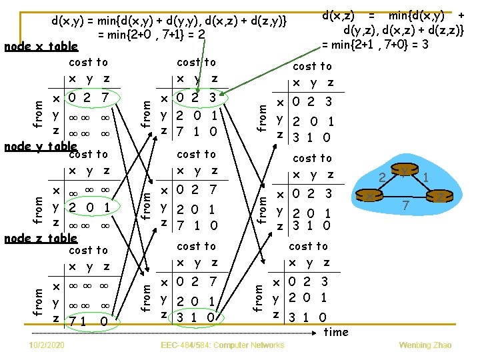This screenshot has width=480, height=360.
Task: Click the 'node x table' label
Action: click(x=41, y=47)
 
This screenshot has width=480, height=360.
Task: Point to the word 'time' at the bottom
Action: click(x=335, y=331)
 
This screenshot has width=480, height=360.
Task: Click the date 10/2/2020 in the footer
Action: click(x=47, y=345)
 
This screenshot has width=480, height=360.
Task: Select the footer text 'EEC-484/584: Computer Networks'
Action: click(x=223, y=345)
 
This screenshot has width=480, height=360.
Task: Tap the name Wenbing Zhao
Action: click(x=425, y=345)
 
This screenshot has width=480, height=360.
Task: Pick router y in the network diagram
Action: click(x=405, y=171)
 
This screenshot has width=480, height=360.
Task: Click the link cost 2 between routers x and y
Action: click(x=383, y=177)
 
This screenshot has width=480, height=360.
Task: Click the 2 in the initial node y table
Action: click(x=72, y=207)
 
